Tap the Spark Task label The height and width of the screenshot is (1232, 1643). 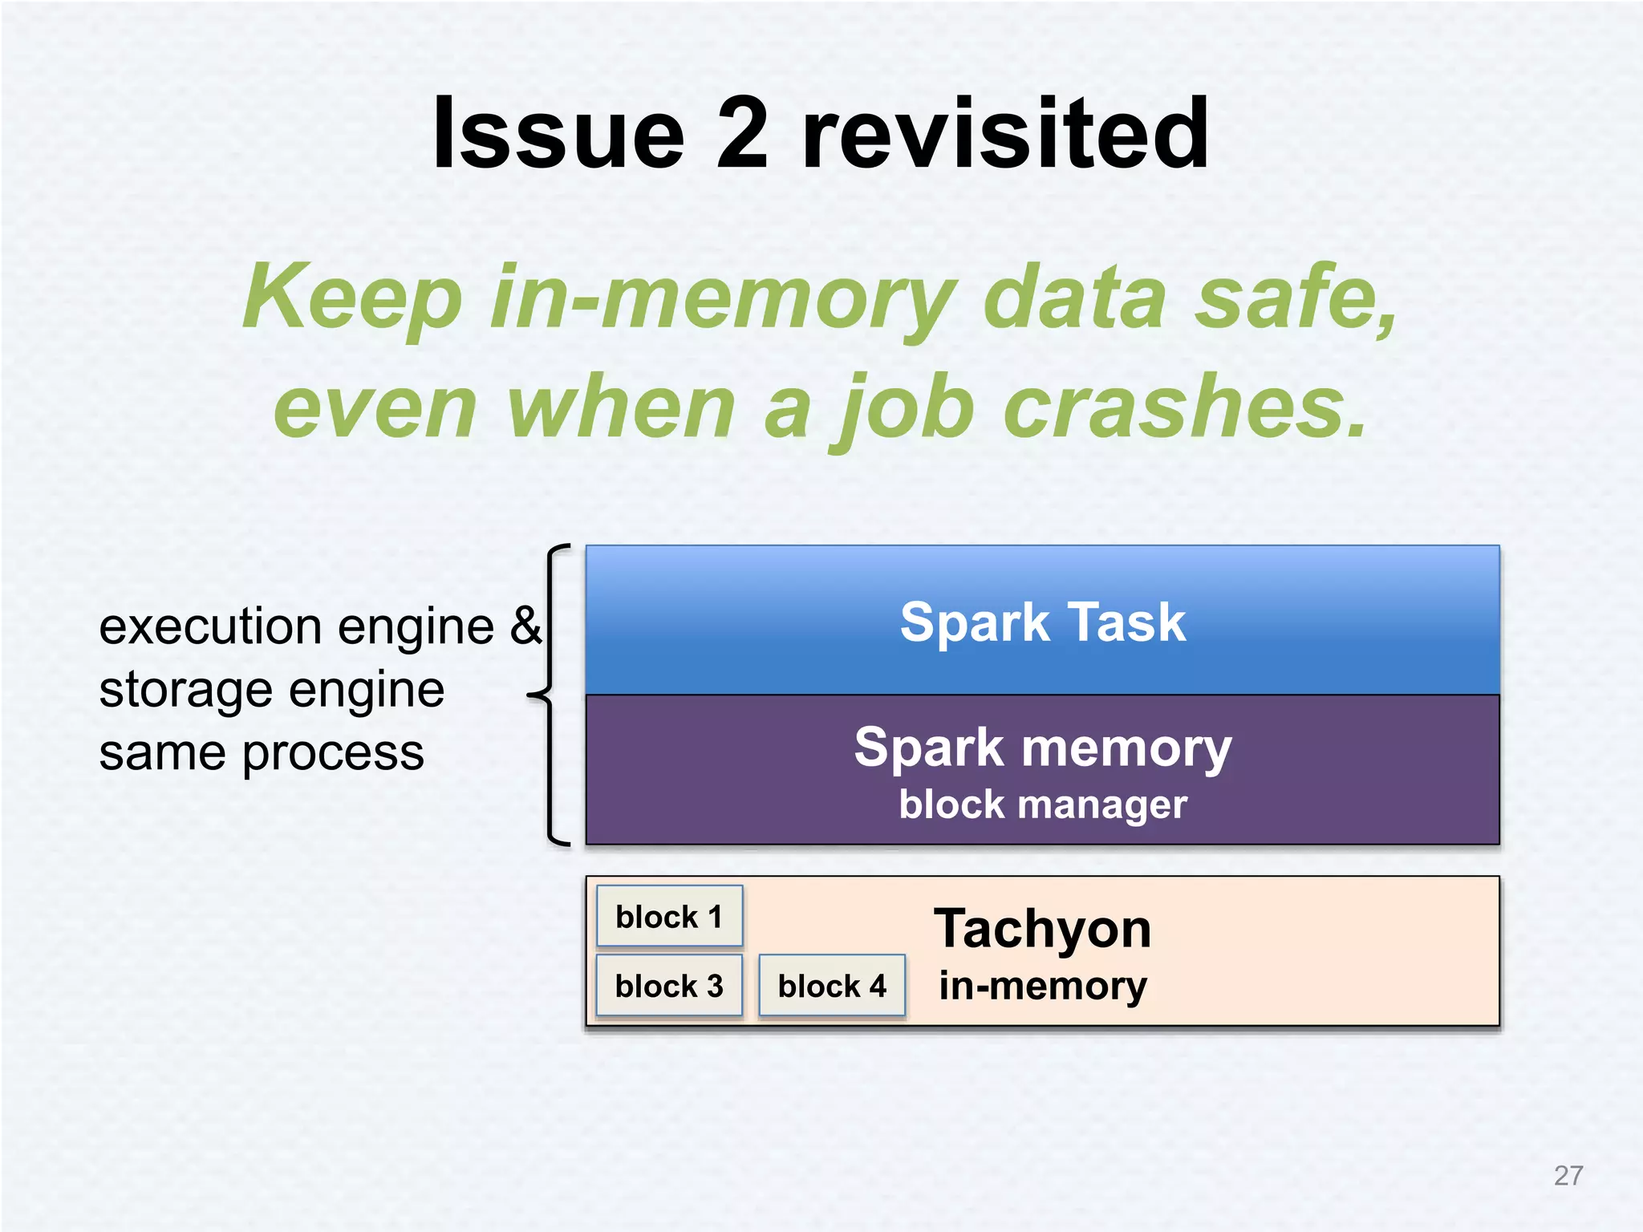coord(1042,622)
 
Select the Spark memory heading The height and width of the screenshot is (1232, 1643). coord(1042,748)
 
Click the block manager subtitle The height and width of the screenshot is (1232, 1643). coord(1042,804)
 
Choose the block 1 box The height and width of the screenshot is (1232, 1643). coord(669,916)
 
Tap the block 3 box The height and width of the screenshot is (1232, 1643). coord(669,986)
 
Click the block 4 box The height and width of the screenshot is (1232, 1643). coord(832,986)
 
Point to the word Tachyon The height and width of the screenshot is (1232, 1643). coord(1042,929)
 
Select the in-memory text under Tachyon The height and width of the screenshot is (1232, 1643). coord(1042,986)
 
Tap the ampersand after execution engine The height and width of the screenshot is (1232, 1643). coord(525,626)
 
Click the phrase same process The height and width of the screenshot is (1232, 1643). coord(262,753)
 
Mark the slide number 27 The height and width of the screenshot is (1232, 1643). coord(1568,1176)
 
